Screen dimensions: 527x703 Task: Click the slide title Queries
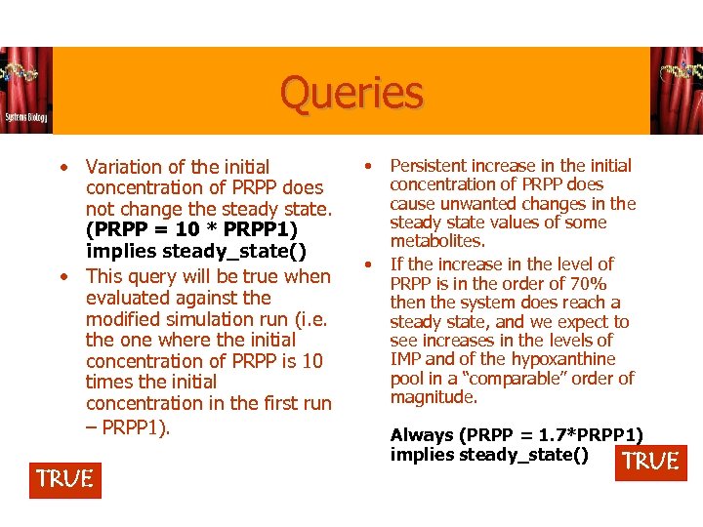pyautogui.click(x=351, y=94)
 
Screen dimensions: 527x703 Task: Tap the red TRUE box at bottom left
pyautogui.click(x=65, y=479)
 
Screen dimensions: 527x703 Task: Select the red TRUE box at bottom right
pyautogui.click(x=651, y=462)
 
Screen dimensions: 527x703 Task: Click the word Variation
pyautogui.click(x=127, y=167)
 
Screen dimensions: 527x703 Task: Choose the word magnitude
pyautogui.click(x=433, y=397)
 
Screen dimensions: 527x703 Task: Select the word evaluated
pyautogui.click(x=127, y=298)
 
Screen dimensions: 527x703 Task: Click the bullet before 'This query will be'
pyautogui.click(x=62, y=276)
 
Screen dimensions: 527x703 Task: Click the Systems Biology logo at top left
pyautogui.click(x=26, y=91)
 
